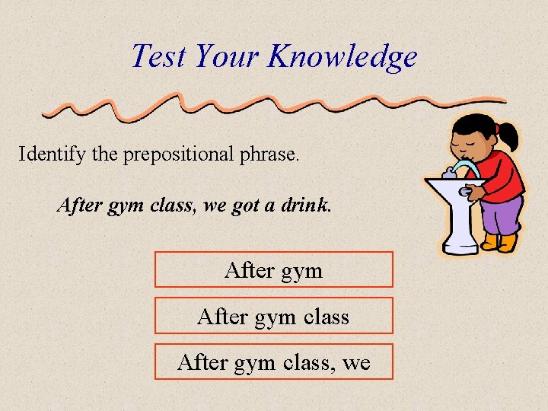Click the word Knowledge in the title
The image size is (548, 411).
tap(342, 57)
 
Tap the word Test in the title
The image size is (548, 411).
tap(159, 56)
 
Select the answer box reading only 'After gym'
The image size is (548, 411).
tap(274, 269)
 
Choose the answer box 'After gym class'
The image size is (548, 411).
tap(274, 315)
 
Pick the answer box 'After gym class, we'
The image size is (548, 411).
tap(274, 362)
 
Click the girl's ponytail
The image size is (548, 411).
tap(509, 137)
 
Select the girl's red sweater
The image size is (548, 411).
tap(502, 174)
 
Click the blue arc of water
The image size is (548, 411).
tap(464, 165)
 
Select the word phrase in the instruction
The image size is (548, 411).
tap(272, 155)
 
